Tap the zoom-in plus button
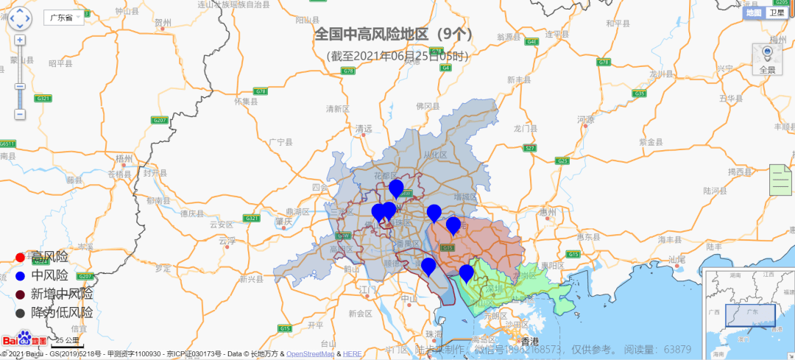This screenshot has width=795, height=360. (x=20, y=40)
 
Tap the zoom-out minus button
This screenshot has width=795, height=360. (x=20, y=114)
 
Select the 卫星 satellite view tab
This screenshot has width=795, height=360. (x=777, y=13)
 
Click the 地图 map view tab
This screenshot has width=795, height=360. (x=754, y=13)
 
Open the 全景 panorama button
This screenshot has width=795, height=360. (x=767, y=59)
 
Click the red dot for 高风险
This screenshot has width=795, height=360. (x=20, y=258)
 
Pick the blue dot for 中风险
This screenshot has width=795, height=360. (x=20, y=276)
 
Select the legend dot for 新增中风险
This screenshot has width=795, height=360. (x=20, y=294)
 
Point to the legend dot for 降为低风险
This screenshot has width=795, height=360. (x=20, y=313)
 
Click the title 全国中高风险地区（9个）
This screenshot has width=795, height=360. (x=394, y=34)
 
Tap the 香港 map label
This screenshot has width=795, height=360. (x=530, y=342)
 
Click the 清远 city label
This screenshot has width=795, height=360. (x=364, y=129)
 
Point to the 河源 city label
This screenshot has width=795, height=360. (x=586, y=119)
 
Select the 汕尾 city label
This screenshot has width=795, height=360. (x=677, y=259)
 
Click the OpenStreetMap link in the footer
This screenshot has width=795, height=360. (x=309, y=354)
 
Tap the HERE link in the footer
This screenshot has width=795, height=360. (x=352, y=354)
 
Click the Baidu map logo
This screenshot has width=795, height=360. (x=25, y=339)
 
